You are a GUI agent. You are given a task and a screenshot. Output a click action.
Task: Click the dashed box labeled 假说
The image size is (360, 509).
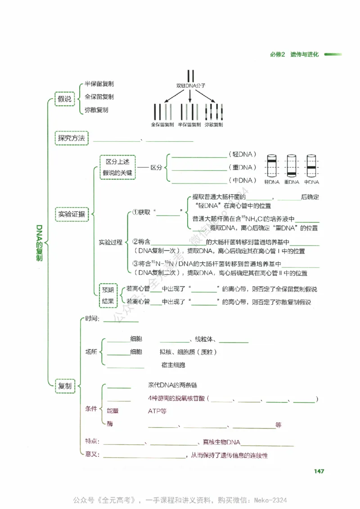point(64,99)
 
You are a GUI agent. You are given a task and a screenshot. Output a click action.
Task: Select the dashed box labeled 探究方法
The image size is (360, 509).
point(72,138)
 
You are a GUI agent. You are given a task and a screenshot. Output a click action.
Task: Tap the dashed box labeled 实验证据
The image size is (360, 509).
point(72,214)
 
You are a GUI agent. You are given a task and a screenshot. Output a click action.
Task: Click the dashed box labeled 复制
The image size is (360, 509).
point(64,385)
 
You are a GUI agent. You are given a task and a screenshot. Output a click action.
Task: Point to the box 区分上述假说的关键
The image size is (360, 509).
point(117,167)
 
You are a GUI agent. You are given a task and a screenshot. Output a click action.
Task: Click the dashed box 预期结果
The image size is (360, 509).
point(108,295)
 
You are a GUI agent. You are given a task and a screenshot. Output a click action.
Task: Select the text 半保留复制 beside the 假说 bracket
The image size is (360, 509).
point(99,84)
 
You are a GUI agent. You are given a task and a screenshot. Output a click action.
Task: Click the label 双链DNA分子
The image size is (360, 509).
point(191,85)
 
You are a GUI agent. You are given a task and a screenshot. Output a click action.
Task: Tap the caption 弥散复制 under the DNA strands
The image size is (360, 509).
point(214,125)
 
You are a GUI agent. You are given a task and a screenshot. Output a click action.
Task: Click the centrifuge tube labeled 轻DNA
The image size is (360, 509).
point(272,166)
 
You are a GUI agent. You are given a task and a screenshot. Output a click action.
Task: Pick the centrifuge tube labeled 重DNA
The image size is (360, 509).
point(292,166)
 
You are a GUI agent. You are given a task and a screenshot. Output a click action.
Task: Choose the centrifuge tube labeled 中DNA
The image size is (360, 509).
point(311,166)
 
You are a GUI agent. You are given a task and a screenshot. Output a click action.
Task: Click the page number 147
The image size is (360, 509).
point(319,471)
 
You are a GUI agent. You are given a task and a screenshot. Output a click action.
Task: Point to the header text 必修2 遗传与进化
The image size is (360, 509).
point(294,54)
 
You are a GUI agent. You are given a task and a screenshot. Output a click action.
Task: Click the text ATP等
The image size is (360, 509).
point(157,411)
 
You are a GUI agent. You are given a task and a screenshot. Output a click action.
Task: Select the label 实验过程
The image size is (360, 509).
point(110,242)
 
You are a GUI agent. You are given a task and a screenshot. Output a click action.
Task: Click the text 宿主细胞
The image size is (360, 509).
point(173,365)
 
